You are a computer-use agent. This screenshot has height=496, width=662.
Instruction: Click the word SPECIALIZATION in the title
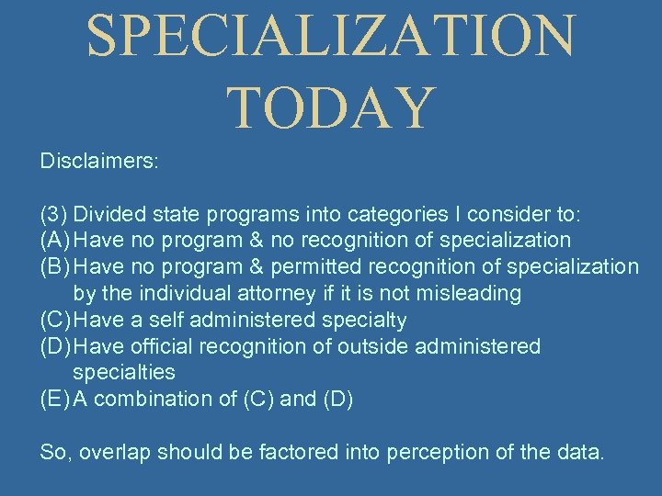click(331, 37)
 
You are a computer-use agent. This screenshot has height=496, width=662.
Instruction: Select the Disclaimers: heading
click(99, 161)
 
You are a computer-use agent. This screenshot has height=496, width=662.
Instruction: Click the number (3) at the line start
click(53, 215)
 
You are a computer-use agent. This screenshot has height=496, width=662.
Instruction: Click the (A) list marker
click(55, 241)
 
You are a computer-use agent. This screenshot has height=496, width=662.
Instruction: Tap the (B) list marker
click(55, 267)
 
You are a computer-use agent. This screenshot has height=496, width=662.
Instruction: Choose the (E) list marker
click(54, 400)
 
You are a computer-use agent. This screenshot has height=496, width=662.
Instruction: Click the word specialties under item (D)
click(123, 373)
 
